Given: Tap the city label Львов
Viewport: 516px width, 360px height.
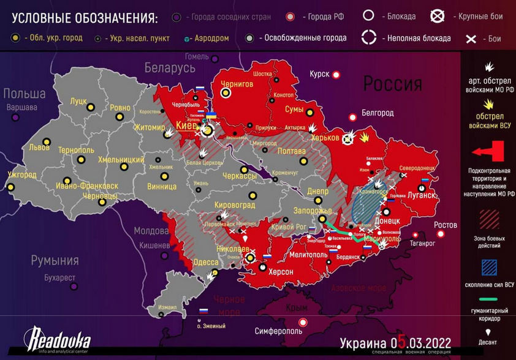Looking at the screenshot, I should click(x=40, y=148).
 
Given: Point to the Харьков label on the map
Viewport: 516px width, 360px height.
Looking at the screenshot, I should click(x=325, y=138).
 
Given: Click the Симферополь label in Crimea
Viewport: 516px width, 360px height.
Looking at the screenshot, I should click(x=278, y=331).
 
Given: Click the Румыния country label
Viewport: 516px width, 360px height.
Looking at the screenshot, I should click(x=55, y=261).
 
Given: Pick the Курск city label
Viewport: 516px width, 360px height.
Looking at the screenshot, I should click(x=319, y=74).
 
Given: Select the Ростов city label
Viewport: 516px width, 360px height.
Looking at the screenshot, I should click(x=446, y=225).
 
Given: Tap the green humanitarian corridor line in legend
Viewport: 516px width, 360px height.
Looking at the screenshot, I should click(x=488, y=300).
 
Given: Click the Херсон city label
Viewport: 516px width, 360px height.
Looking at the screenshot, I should click(x=281, y=271).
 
